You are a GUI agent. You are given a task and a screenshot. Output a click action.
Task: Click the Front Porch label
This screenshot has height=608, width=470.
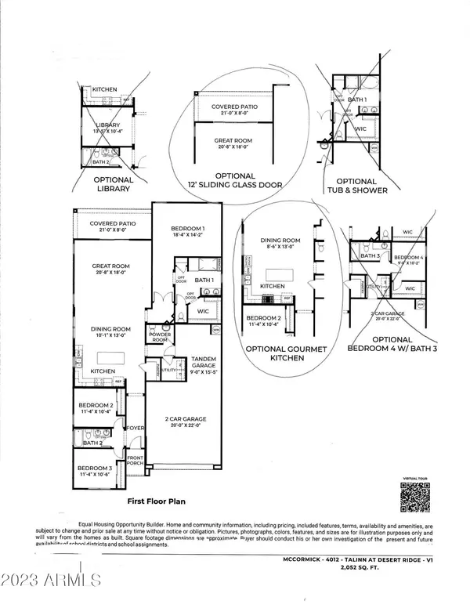(135, 462)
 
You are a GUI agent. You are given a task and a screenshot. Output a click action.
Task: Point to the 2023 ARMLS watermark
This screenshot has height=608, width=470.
(52, 580)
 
